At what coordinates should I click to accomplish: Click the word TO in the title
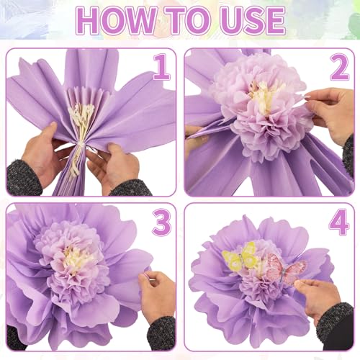click(x=182, y=22)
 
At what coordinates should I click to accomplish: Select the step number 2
click(x=338, y=68)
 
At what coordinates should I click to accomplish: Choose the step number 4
click(x=338, y=223)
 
